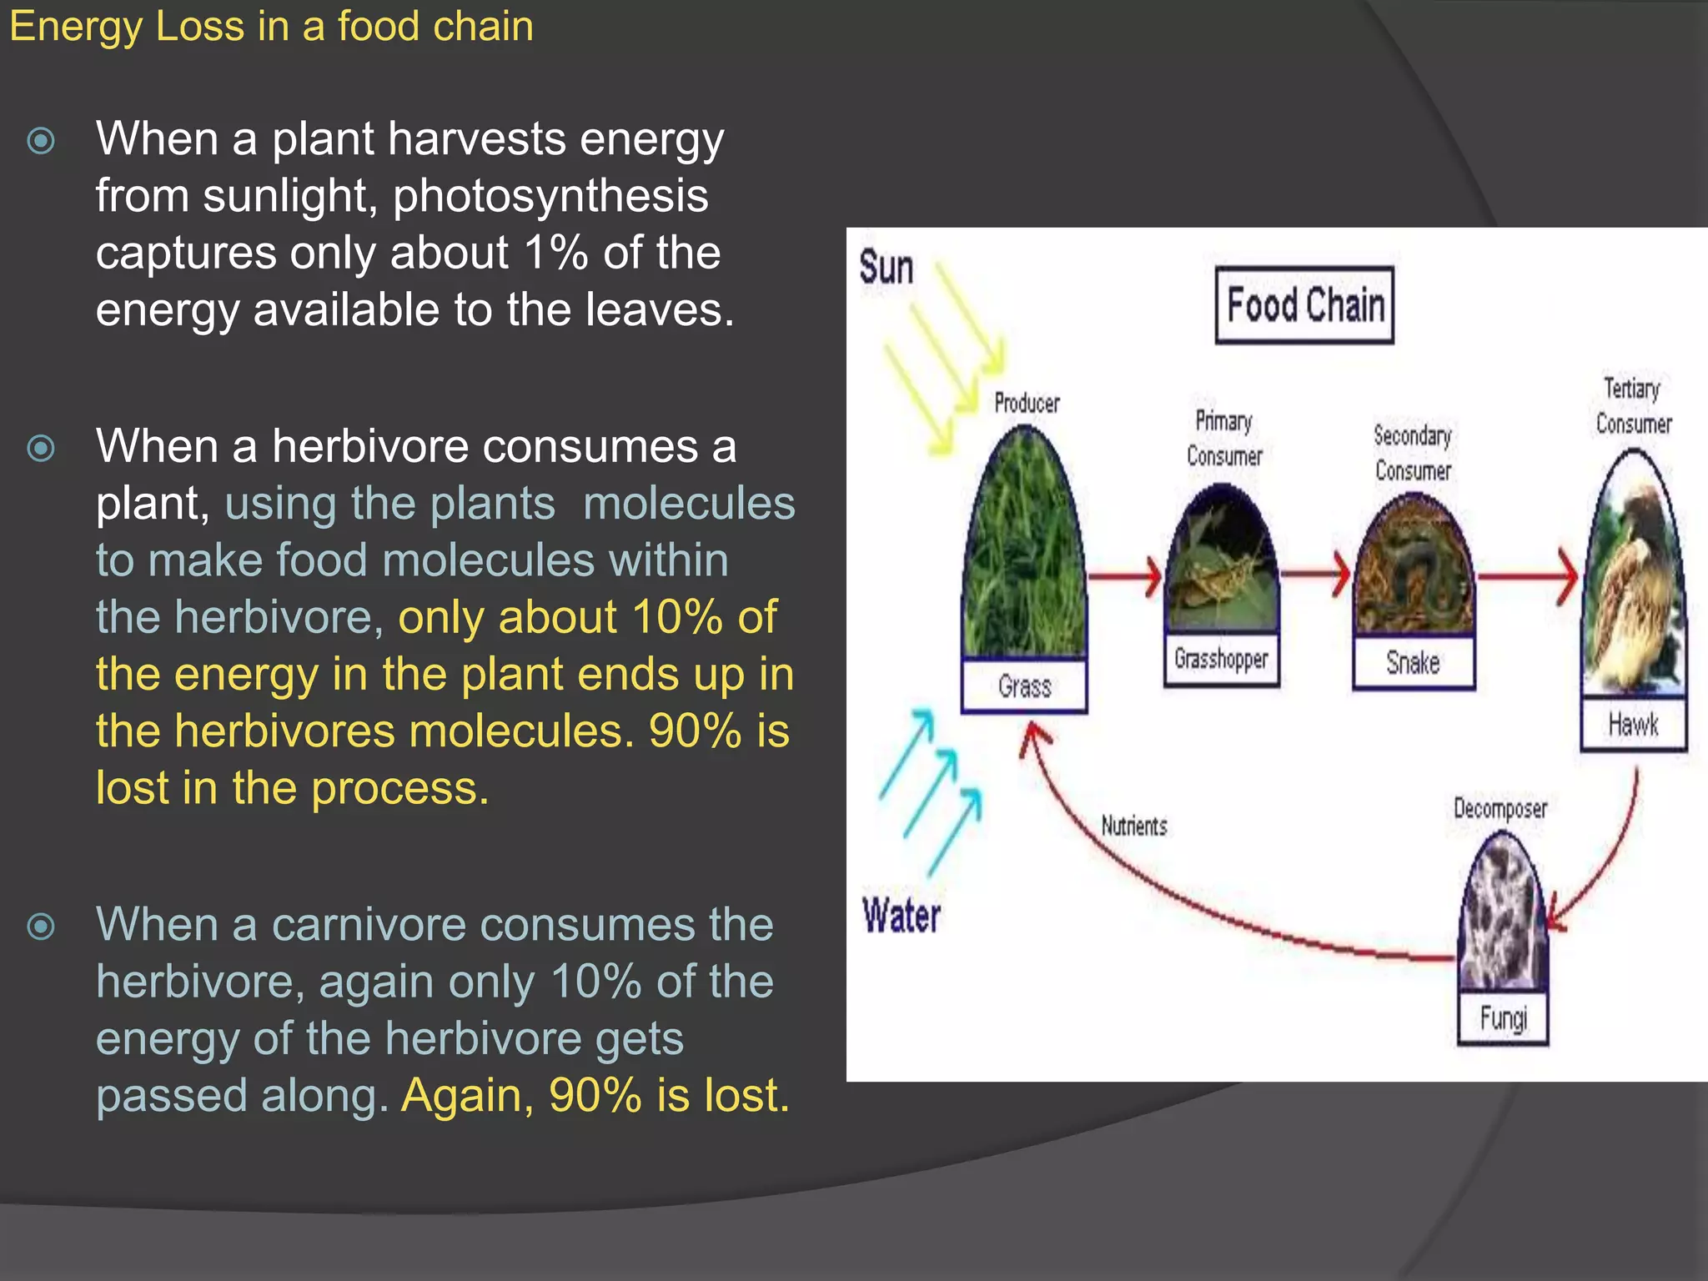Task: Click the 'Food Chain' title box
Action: [1304, 305]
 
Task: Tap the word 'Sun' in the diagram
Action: [886, 268]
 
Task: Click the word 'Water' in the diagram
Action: [902, 916]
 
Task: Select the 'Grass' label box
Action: [1024, 686]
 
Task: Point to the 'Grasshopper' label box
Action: [1221, 659]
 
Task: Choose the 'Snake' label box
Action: [1413, 663]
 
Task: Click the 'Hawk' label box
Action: [1633, 724]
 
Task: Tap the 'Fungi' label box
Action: [1503, 1018]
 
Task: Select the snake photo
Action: [1414, 567]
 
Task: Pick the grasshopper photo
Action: [1222, 563]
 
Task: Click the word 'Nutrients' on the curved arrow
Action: [1133, 826]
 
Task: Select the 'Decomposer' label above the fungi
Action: [1500, 808]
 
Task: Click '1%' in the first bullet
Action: [556, 253]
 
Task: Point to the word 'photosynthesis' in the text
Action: [550, 196]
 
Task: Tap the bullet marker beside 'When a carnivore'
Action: [41, 926]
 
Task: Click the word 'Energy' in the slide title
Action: [76, 27]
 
